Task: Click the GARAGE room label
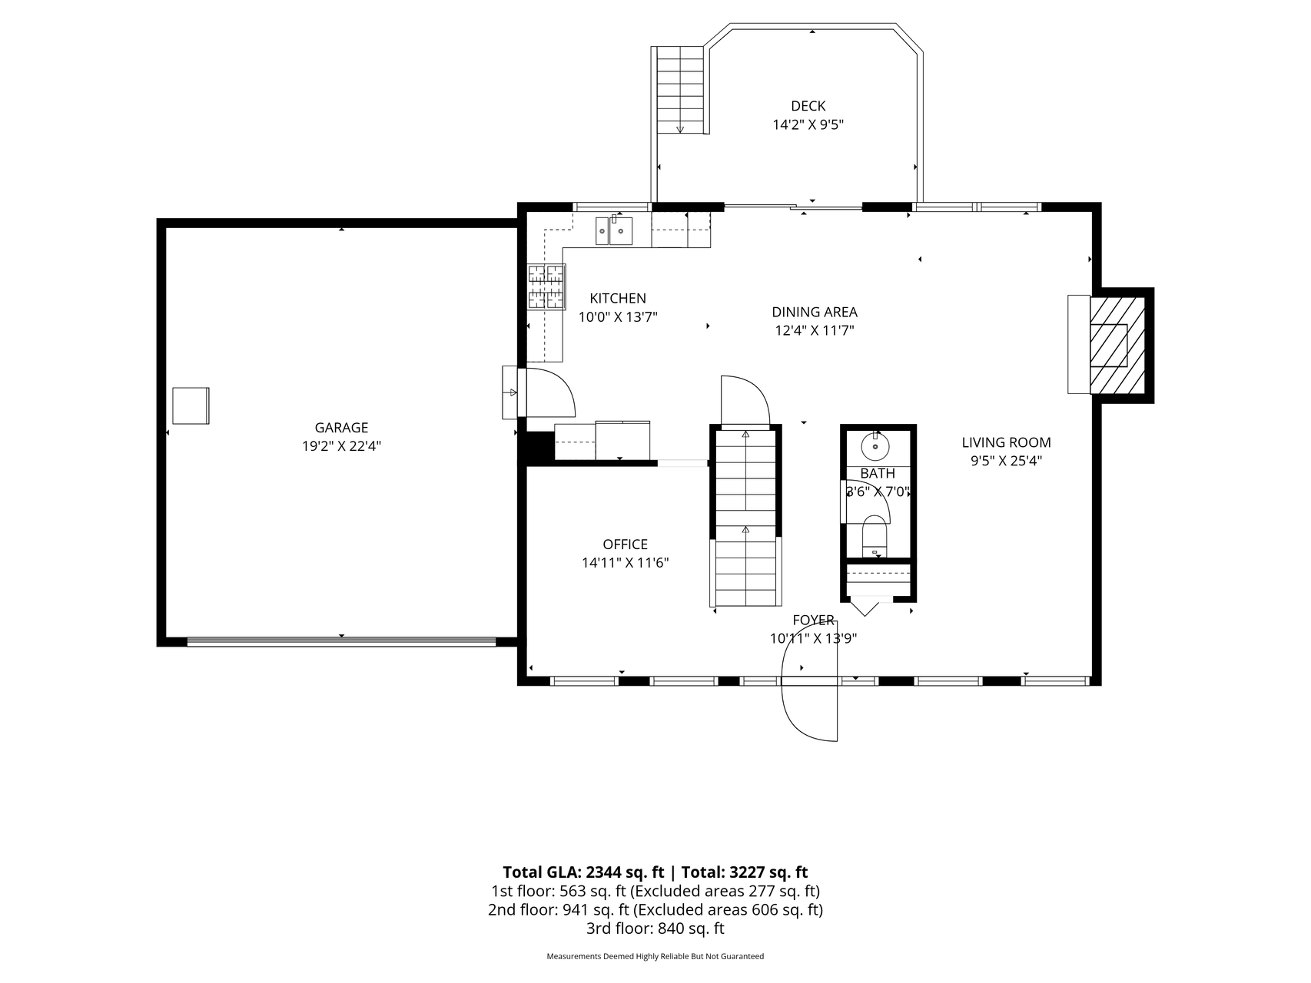pyautogui.click(x=341, y=428)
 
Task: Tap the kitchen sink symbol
pyautogui.click(x=614, y=230)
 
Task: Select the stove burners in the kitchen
pyautogui.click(x=546, y=287)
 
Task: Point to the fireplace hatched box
pyautogui.click(x=1118, y=345)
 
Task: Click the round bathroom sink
pyautogui.click(x=875, y=446)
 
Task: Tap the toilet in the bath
pyautogui.click(x=875, y=537)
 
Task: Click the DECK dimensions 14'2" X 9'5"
pyautogui.click(x=808, y=125)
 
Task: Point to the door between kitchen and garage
pyautogui.click(x=548, y=392)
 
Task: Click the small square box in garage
pyautogui.click(x=191, y=405)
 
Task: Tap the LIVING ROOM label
pyautogui.click(x=1006, y=442)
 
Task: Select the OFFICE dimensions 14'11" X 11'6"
pyautogui.click(x=625, y=563)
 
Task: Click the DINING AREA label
pyautogui.click(x=814, y=312)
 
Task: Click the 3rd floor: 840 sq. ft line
pyautogui.click(x=655, y=928)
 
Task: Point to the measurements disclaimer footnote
pyautogui.click(x=655, y=957)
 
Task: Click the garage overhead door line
pyautogui.click(x=341, y=641)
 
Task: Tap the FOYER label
pyautogui.click(x=813, y=620)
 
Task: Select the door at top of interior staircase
pyautogui.click(x=745, y=400)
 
